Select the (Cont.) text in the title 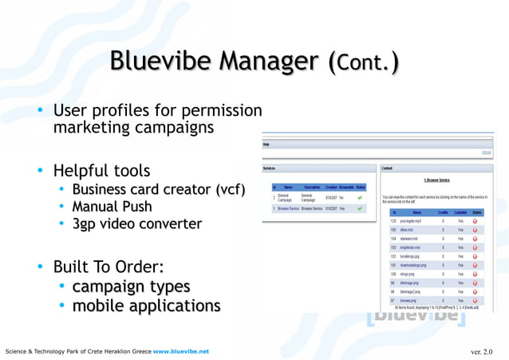tap(364, 61)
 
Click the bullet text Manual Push tap(112, 207)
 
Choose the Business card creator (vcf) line tap(158, 189)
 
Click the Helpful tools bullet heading tap(101, 171)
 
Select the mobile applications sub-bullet tap(146, 306)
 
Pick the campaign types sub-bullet tap(131, 287)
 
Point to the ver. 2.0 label tap(482, 351)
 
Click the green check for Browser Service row tap(361, 209)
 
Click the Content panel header tap(387, 168)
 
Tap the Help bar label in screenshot tap(266, 145)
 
